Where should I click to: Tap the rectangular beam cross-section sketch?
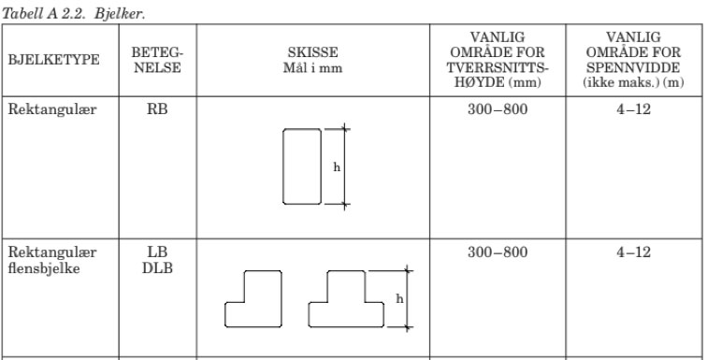[303, 167]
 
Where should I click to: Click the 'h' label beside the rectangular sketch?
[335, 167]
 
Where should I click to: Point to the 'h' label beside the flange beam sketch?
[399, 299]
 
